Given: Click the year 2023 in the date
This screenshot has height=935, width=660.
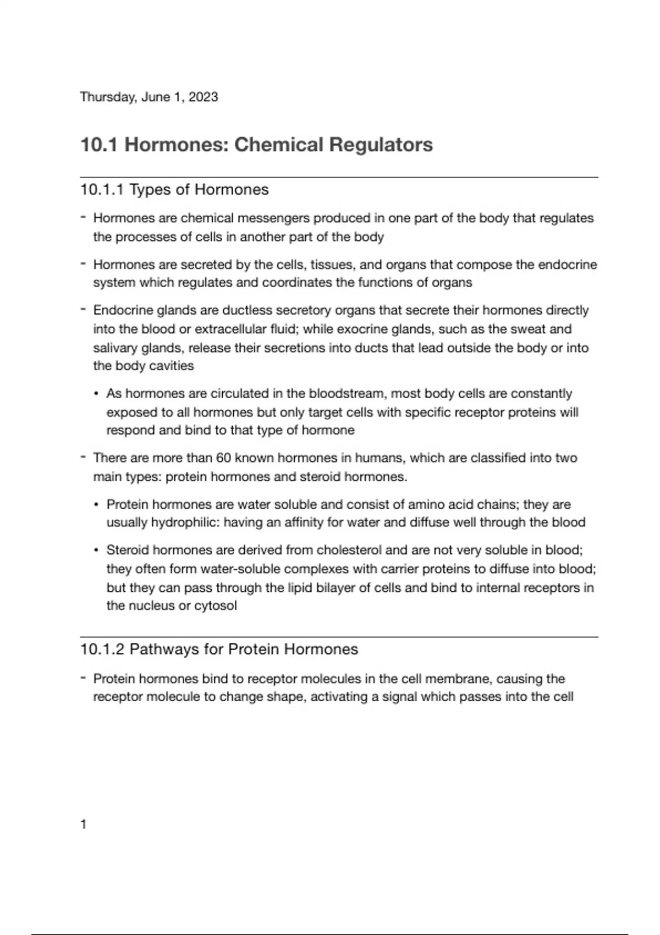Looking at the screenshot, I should pyautogui.click(x=203, y=97).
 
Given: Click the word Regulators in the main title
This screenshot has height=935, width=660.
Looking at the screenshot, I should pyautogui.click(x=381, y=145).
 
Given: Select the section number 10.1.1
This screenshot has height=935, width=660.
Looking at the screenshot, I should pyautogui.click(x=102, y=190).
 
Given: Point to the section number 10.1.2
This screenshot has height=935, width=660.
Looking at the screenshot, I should pyautogui.click(x=102, y=650).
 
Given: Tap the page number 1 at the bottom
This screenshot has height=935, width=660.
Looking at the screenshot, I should pyautogui.click(x=84, y=824).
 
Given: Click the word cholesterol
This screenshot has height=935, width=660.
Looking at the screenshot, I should pyautogui.click(x=349, y=550).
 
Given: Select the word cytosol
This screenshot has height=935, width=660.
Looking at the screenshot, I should pyautogui.click(x=216, y=606).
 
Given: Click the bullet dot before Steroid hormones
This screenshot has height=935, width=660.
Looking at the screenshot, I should pyautogui.click(x=97, y=551).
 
